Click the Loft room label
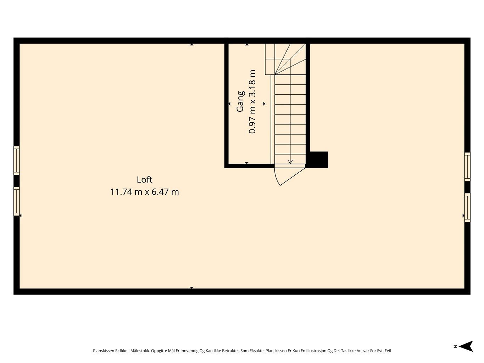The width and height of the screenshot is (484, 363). point(144,180)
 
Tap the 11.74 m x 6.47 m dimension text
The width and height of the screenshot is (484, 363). point(144,192)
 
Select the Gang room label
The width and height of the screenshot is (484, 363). point(241,101)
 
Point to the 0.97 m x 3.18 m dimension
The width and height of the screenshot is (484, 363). point(252,101)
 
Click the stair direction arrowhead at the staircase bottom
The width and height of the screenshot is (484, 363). point(290,162)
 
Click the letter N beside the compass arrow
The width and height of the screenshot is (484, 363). point(455,346)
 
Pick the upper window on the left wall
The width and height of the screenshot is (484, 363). point(16,160)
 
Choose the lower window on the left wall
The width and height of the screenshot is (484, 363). point(16,201)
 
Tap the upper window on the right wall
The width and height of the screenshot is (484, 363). point(467,167)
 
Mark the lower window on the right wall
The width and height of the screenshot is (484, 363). point(467,207)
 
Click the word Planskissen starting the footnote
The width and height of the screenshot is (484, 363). point(104,351)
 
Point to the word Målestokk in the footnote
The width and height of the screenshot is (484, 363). point(140,351)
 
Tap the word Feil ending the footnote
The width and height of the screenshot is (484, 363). point(387,351)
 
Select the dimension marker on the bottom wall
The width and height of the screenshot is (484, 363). point(191,287)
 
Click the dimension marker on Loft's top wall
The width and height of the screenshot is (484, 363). point(191,45)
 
